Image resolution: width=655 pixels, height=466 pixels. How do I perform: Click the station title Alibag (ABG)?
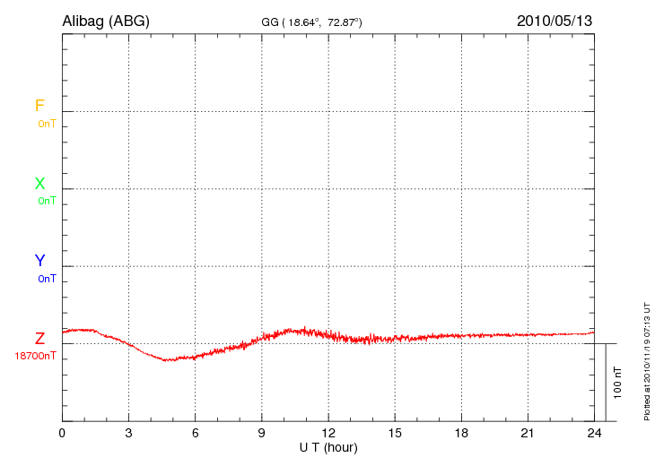click(x=106, y=21)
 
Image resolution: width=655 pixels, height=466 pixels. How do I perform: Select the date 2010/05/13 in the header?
click(x=554, y=21)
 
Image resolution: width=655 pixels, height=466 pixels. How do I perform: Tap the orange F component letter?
click(x=39, y=106)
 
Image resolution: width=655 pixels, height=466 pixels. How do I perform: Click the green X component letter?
click(x=39, y=184)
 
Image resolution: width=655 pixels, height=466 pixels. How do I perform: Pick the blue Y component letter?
click(x=39, y=261)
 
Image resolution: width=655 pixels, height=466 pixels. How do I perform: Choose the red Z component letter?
click(x=39, y=339)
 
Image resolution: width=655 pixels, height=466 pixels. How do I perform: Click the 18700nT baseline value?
click(x=35, y=356)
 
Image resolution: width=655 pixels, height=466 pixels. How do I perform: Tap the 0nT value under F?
click(x=47, y=124)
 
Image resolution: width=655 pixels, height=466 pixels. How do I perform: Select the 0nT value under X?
click(x=47, y=201)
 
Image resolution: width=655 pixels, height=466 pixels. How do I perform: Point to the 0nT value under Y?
click(x=47, y=279)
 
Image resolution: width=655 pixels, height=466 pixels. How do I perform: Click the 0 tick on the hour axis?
click(x=62, y=433)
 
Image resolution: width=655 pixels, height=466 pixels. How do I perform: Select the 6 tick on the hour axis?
click(x=196, y=433)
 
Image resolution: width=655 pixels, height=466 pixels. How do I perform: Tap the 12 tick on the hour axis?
click(x=328, y=433)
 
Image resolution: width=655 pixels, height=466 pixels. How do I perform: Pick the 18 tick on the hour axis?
click(x=461, y=433)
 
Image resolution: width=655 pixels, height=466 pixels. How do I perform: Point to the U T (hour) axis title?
click(x=328, y=446)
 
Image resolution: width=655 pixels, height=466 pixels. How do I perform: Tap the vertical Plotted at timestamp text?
click(x=646, y=360)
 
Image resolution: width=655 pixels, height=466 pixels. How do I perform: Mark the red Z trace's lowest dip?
click(x=167, y=360)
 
